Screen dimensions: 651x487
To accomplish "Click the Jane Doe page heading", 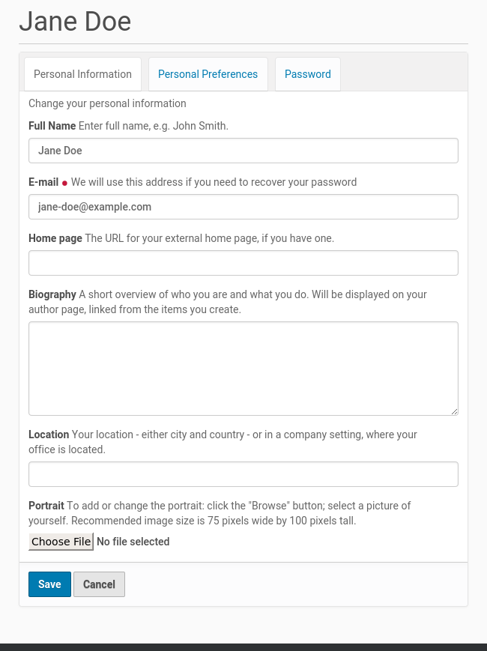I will pos(75,21).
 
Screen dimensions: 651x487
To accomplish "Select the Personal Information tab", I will pos(82,74).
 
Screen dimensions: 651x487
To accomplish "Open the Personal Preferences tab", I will pos(208,74).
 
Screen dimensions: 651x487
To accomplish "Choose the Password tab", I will pos(307,74).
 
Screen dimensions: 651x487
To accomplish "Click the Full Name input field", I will pos(243,151).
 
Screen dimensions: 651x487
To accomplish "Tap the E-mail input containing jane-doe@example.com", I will pos(243,207).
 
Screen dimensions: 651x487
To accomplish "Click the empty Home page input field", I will pos(243,263).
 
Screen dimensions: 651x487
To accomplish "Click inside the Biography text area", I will pos(243,368).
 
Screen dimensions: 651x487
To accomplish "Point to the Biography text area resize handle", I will pos(454,411).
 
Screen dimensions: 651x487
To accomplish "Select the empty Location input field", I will pos(243,474).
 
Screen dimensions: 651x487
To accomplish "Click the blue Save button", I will pos(49,584).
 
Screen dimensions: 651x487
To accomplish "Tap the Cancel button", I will pos(99,584).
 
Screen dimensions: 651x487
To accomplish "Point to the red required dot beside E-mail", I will pos(64,183).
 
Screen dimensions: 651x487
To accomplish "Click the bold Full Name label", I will pos(52,126).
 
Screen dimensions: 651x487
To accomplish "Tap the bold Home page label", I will pos(55,238).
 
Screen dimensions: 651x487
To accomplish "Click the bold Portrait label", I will pos(46,506).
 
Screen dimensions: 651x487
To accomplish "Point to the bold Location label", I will pos(49,434).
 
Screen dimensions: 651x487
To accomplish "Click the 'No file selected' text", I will pos(133,542).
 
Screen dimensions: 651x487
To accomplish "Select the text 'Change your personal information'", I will pos(107,103).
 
